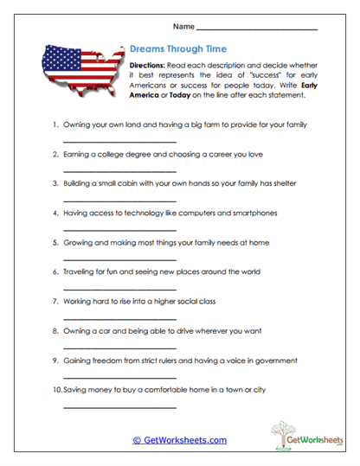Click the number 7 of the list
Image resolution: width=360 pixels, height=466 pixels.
pyautogui.click(x=55, y=301)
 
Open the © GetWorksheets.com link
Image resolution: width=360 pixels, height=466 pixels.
pyautogui.click(x=180, y=440)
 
